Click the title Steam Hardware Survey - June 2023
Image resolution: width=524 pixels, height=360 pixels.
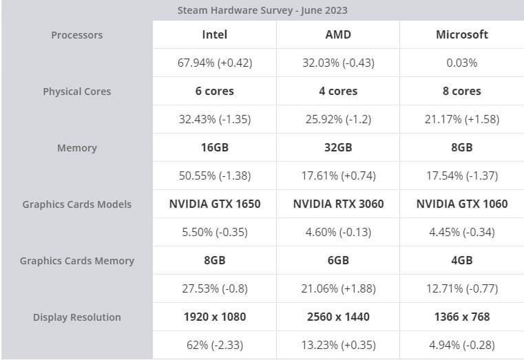(262, 10)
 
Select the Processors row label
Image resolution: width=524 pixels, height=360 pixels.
(76, 35)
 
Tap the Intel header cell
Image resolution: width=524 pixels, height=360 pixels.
(215, 34)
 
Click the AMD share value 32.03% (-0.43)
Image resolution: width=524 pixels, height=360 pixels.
(338, 63)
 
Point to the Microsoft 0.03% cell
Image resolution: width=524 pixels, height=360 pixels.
(462, 63)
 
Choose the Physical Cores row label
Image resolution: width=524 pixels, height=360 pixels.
(76, 92)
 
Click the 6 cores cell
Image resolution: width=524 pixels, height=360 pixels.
(215, 91)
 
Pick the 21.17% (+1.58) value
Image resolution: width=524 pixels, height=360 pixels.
(462, 119)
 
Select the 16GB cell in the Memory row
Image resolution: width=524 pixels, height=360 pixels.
(215, 147)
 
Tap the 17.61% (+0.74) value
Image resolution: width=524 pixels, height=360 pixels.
(338, 176)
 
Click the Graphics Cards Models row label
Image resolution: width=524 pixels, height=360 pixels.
(76, 204)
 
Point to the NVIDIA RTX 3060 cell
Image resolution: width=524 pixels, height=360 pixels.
(338, 204)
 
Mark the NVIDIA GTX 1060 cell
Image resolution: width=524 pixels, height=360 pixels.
(462, 204)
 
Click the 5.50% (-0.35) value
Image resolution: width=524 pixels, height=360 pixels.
(215, 232)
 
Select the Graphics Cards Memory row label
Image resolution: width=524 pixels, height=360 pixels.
(76, 261)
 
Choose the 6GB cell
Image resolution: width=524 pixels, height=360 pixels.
(338, 260)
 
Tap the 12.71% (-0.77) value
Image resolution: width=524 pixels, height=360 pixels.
(462, 288)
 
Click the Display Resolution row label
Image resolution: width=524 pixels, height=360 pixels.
(76, 317)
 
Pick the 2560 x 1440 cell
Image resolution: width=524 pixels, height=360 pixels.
(338, 317)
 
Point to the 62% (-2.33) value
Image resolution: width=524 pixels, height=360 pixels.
(215, 345)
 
